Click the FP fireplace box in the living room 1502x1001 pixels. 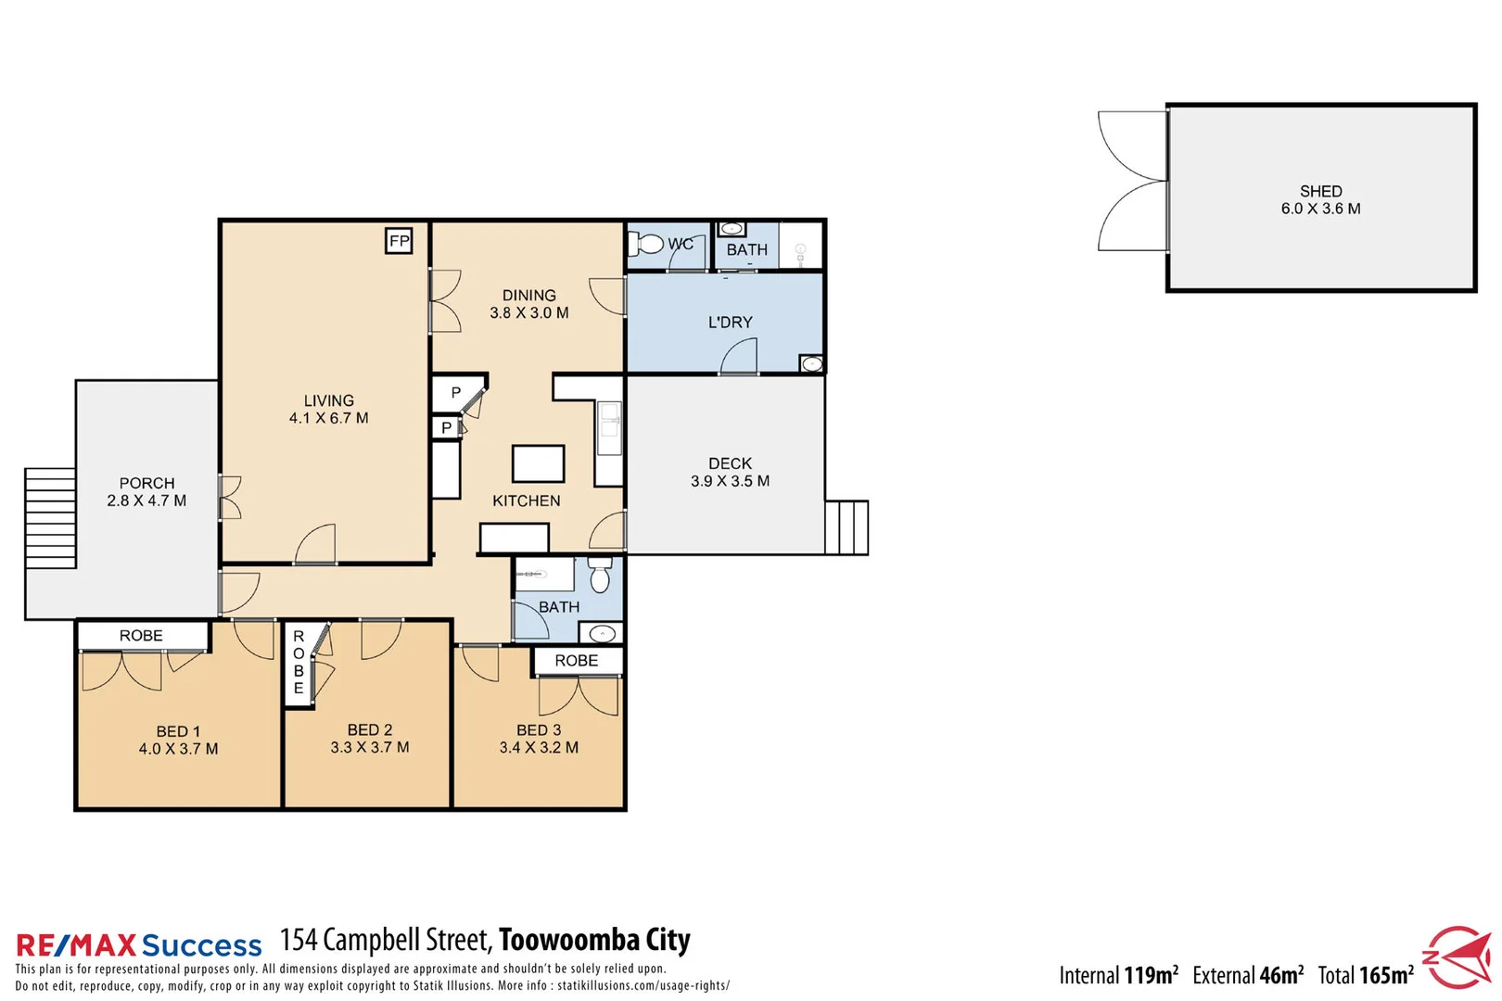pyautogui.click(x=399, y=241)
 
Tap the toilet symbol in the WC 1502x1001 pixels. pyautogui.click(x=648, y=245)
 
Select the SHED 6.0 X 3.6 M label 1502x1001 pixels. pyautogui.click(x=1320, y=200)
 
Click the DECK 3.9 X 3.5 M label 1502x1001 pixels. pyautogui.click(x=730, y=472)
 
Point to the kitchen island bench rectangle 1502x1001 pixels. pyautogui.click(x=538, y=463)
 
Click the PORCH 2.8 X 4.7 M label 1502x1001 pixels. pyautogui.click(x=146, y=492)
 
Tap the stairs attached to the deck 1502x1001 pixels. pyautogui.click(x=846, y=527)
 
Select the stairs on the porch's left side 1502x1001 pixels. pyautogui.click(x=50, y=518)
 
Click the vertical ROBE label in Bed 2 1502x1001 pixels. pyautogui.click(x=299, y=662)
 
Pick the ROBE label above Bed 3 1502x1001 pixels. pyautogui.click(x=576, y=661)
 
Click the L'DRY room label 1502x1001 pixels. pyautogui.click(x=730, y=323)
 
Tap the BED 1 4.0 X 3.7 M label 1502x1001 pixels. pyautogui.click(x=178, y=741)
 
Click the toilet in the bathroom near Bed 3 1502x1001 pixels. pyautogui.click(x=600, y=576)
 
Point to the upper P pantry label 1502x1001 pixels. pyautogui.click(x=455, y=393)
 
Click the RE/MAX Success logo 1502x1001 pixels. pyautogui.click(x=139, y=945)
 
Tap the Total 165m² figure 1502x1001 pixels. pyautogui.click(x=1366, y=975)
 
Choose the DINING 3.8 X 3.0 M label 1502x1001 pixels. pyautogui.click(x=528, y=304)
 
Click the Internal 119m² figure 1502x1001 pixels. pyautogui.click(x=1118, y=975)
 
